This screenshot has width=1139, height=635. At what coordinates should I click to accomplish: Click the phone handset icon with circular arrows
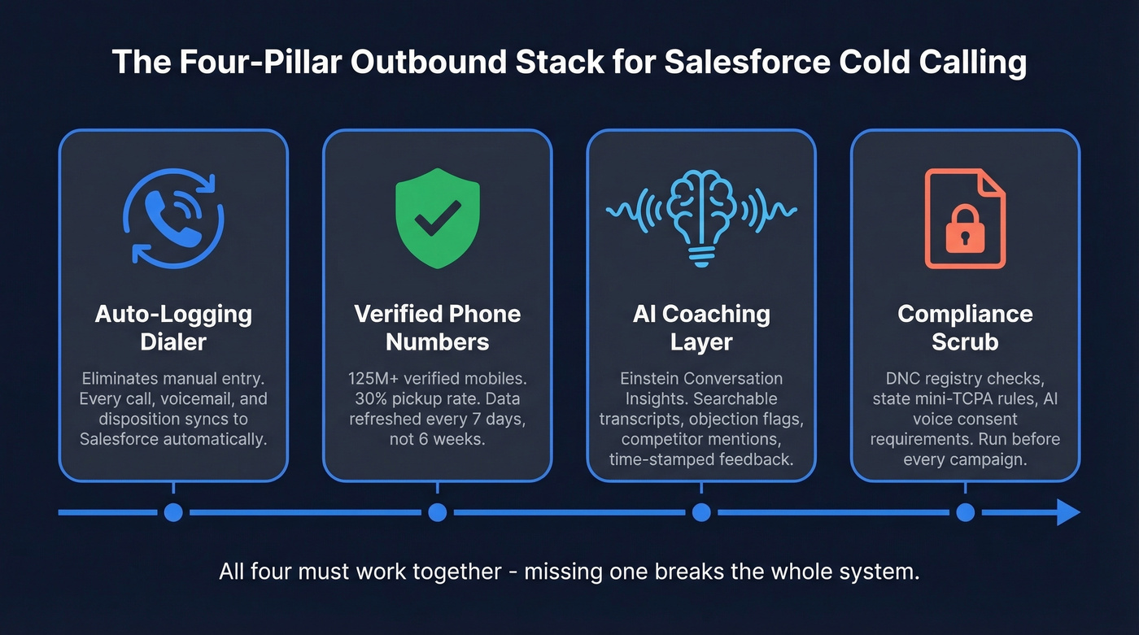[172, 218]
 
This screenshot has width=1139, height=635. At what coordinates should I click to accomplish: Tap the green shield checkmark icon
[437, 218]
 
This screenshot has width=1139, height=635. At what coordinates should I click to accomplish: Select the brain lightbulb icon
[700, 218]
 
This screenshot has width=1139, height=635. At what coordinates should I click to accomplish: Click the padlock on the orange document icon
[965, 232]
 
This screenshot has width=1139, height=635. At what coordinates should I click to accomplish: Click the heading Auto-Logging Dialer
[172, 327]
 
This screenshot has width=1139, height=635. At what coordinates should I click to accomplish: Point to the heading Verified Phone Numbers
[437, 327]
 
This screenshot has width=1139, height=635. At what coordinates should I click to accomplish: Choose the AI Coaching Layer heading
[700, 327]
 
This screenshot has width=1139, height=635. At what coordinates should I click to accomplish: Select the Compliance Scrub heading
[965, 327]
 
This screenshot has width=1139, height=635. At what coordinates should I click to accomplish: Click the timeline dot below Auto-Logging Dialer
[172, 512]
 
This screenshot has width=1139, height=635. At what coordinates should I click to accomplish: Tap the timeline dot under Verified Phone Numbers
[437, 512]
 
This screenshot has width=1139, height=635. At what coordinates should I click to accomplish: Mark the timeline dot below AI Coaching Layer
[700, 512]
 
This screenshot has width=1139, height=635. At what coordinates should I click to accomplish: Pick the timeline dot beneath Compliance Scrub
[965, 512]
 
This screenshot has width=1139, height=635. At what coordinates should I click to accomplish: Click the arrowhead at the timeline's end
[1067, 512]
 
